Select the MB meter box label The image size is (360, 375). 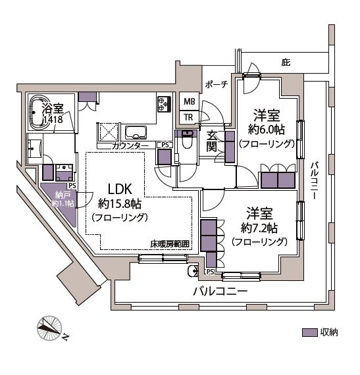point(189,102)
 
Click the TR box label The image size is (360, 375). point(189,118)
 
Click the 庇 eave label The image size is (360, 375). point(285,63)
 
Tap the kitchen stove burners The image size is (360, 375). point(163,104)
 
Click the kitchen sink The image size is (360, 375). point(136,129)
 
